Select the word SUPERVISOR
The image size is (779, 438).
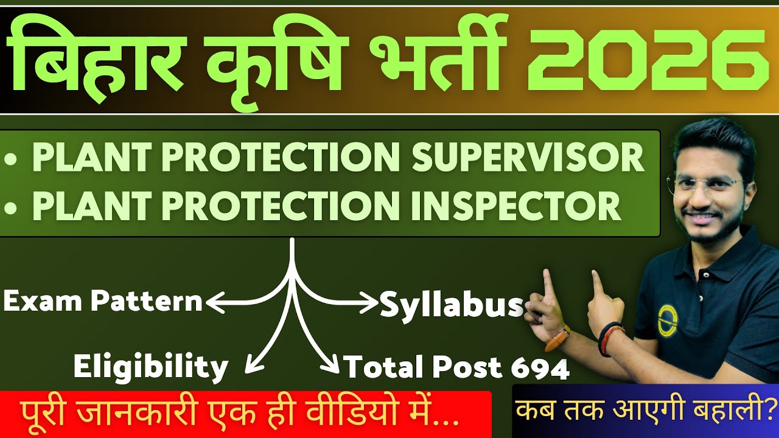click(528, 158)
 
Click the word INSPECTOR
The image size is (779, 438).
click(516, 206)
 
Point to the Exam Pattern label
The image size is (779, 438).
click(102, 301)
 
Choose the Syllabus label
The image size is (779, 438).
click(452, 306)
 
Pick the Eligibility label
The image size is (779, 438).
click(150, 366)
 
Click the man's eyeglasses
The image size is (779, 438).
click(706, 186)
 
